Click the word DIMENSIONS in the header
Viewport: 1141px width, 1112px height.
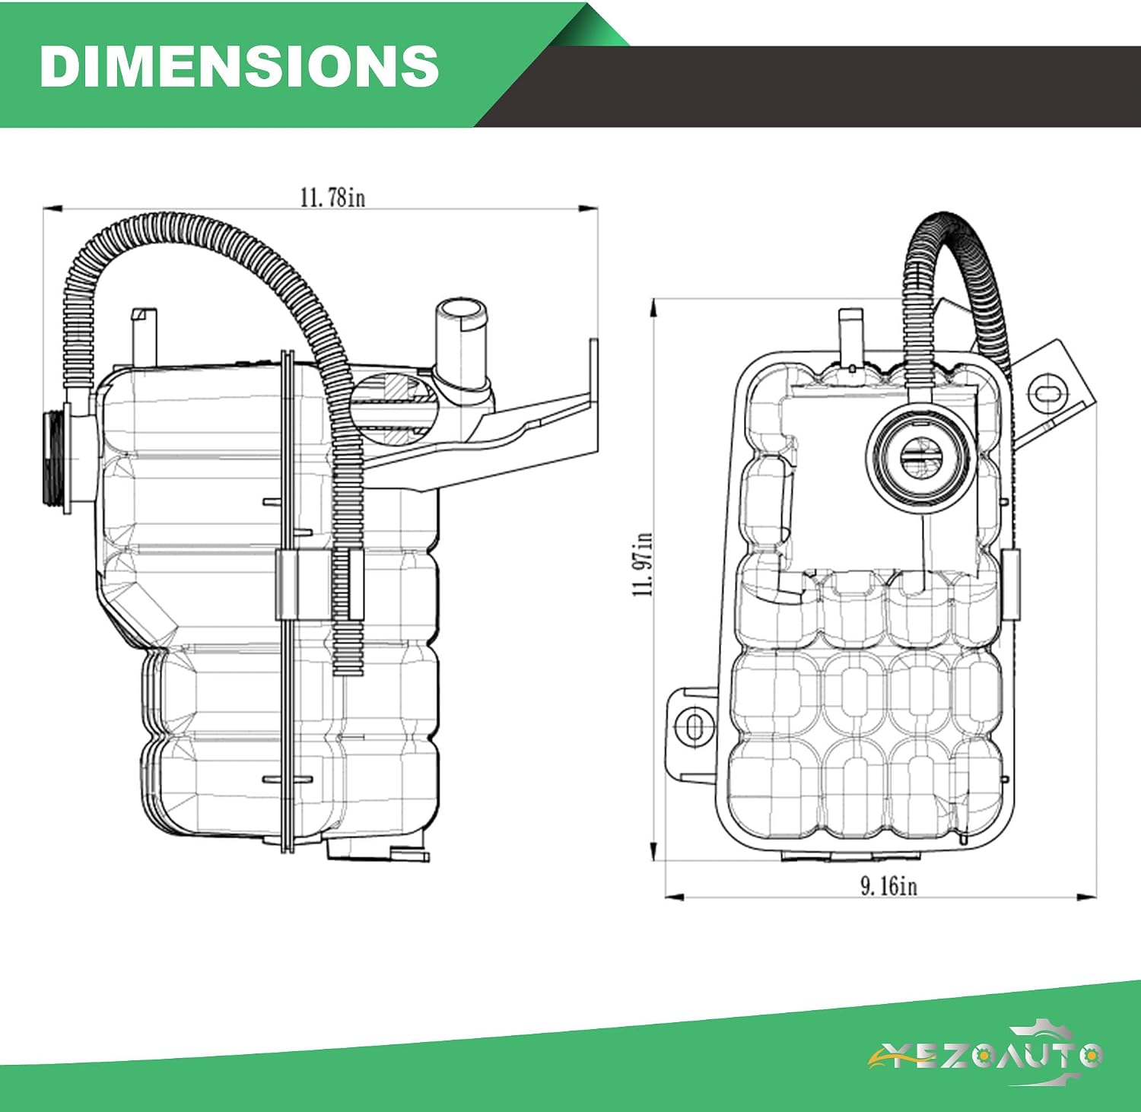click(x=239, y=65)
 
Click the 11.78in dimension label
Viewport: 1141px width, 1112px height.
click(x=332, y=198)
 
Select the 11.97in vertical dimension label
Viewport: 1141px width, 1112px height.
click(x=643, y=564)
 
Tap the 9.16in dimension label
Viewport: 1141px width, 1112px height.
click(x=888, y=885)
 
